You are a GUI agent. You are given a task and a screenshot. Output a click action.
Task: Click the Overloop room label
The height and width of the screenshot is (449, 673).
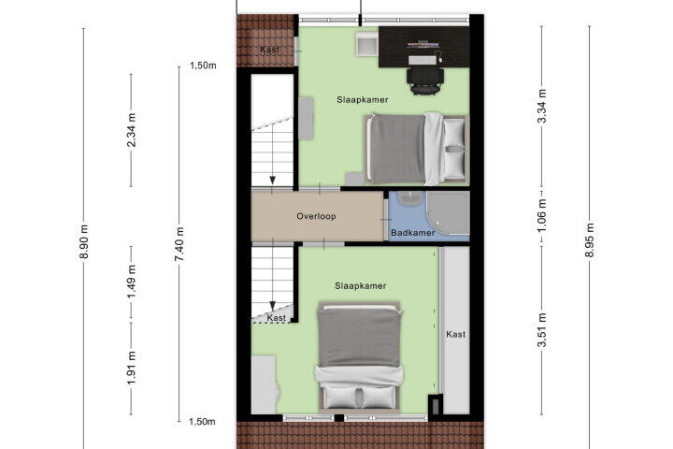coord(316,216)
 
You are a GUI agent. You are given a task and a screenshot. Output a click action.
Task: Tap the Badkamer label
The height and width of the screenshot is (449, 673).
coord(412,233)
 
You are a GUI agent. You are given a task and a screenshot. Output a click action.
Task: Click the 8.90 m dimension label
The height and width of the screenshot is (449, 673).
coord(84,242)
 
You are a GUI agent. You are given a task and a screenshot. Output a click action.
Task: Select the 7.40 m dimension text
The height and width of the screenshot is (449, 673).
coord(179,244)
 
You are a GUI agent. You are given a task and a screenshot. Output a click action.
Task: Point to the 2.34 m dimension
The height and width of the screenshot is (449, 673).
coord(132,130)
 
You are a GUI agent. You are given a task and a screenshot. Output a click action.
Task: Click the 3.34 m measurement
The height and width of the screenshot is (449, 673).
coord(542,106)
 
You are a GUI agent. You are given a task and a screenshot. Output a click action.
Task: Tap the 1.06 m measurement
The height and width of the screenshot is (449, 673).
coord(542,215)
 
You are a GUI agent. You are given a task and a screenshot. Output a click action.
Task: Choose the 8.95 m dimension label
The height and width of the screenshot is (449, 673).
coord(590,240)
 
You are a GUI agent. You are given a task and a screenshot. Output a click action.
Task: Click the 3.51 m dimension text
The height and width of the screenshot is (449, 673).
coord(542,330)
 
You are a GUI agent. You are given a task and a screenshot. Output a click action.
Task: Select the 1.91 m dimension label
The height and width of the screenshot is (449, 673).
coord(132,369)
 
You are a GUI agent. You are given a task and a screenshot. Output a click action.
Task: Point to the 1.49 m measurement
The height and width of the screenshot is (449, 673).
coord(132,282)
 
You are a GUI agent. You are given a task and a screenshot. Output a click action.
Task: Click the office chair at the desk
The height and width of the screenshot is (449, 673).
coord(425,80)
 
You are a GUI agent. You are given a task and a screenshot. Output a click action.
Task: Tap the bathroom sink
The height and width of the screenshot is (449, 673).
coord(410,198)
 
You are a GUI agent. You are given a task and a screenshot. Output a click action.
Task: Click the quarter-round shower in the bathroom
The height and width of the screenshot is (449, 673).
coord(448,213)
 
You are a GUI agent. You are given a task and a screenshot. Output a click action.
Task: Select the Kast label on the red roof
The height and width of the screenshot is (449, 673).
coord(269,50)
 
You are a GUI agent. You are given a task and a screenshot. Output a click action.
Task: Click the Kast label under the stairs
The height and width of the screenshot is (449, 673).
coord(276,318)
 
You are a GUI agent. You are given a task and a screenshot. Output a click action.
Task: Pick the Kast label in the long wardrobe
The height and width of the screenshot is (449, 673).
coord(455,334)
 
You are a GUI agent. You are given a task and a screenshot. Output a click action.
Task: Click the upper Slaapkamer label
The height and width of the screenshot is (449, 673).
coord(363,100)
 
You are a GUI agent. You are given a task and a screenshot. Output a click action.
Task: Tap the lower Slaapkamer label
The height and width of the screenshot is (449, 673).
coord(361,285)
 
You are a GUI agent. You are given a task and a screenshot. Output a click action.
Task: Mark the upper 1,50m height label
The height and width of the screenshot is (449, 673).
coord(204,65)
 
